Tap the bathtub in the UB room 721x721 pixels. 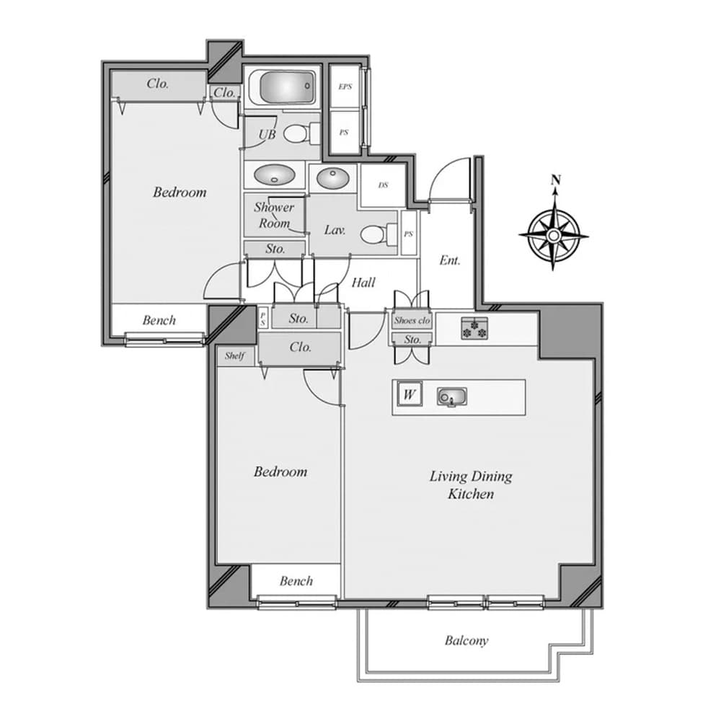[x=281, y=88]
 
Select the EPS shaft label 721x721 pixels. [x=345, y=87]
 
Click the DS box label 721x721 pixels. [x=383, y=185]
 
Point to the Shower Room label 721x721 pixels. [x=274, y=215]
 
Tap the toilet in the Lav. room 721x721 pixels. [x=376, y=234]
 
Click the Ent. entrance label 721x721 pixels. [x=449, y=260]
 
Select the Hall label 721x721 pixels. [x=363, y=283]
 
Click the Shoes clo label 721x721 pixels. [x=412, y=320]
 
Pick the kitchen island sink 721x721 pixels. [x=451, y=397]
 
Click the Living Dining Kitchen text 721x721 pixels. [x=471, y=485]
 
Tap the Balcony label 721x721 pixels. [x=466, y=640]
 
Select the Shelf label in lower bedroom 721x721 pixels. [x=234, y=355]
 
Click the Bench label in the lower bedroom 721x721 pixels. [x=296, y=580]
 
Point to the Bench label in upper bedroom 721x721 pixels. [x=159, y=320]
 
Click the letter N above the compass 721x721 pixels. [x=554, y=180]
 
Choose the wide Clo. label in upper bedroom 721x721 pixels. [x=158, y=84]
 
